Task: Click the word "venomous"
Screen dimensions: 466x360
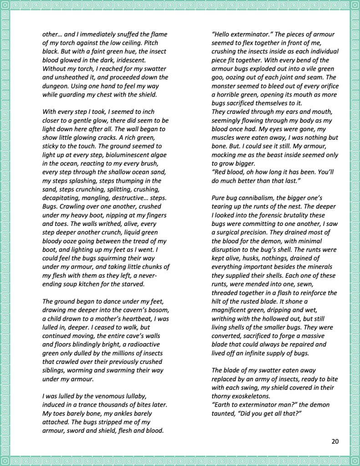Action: (106, 396)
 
